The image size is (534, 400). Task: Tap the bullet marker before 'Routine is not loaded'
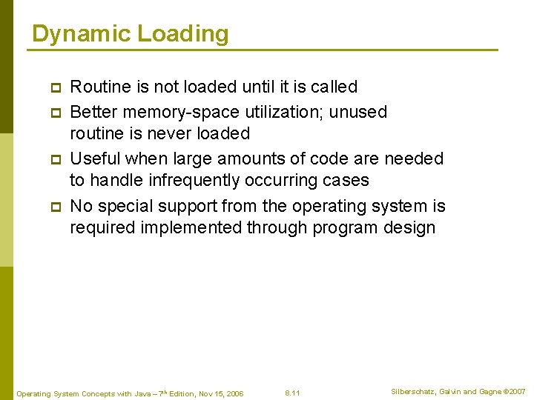(x=54, y=87)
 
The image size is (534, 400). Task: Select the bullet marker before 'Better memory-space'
(x=54, y=112)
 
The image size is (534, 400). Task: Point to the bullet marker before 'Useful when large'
(x=54, y=159)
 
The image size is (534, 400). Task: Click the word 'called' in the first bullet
(x=334, y=87)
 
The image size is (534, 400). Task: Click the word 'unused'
(x=358, y=112)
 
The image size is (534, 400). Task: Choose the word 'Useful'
(x=95, y=159)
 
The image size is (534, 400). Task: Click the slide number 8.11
(x=292, y=393)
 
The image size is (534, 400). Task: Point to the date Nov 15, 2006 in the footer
(x=220, y=393)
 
